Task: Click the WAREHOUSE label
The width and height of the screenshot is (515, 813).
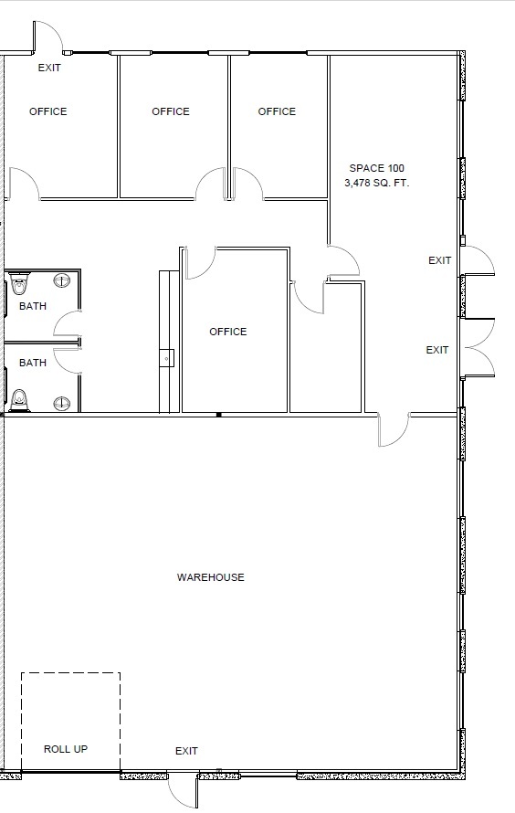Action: tap(210, 577)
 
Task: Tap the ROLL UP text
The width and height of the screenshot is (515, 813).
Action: tap(66, 749)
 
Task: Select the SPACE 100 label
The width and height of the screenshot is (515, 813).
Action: tap(377, 168)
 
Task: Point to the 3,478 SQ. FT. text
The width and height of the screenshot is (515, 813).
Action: tap(377, 183)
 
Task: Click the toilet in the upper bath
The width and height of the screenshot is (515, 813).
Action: tap(19, 285)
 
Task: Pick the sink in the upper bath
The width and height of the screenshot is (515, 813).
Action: tap(62, 280)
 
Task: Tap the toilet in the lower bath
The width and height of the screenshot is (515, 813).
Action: tap(19, 400)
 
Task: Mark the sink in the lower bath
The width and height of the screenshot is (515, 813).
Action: tap(62, 402)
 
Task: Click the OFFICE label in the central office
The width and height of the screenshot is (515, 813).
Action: tap(228, 332)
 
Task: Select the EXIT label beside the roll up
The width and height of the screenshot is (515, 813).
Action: tap(186, 751)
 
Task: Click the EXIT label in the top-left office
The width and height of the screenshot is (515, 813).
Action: tap(49, 68)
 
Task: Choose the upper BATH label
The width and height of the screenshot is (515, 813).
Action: tap(33, 306)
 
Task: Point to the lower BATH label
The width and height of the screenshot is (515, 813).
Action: tap(33, 363)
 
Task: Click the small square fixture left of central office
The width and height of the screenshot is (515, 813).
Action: tap(167, 358)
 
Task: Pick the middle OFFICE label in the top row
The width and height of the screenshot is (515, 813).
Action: tap(171, 111)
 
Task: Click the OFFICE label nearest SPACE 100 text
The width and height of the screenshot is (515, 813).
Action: tap(277, 111)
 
